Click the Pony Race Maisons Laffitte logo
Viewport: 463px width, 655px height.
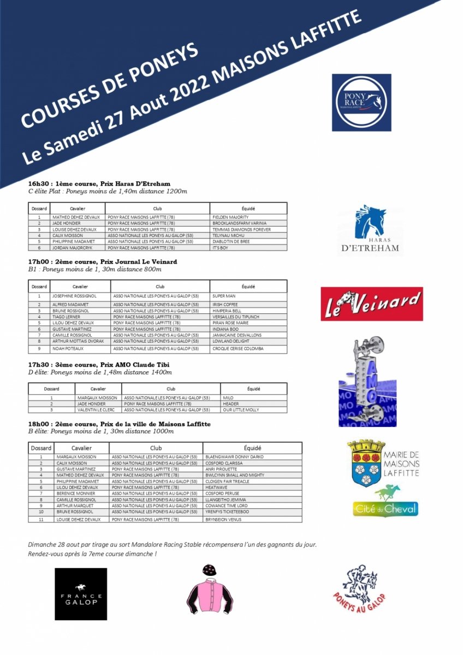tap(361, 103)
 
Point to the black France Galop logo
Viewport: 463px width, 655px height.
tap(81, 594)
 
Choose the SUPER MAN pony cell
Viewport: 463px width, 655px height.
tap(224, 296)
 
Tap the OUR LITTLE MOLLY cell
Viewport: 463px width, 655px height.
tap(241, 409)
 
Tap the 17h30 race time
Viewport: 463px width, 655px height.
tap(38, 365)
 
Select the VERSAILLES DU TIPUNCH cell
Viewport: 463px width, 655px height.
tap(236, 317)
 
